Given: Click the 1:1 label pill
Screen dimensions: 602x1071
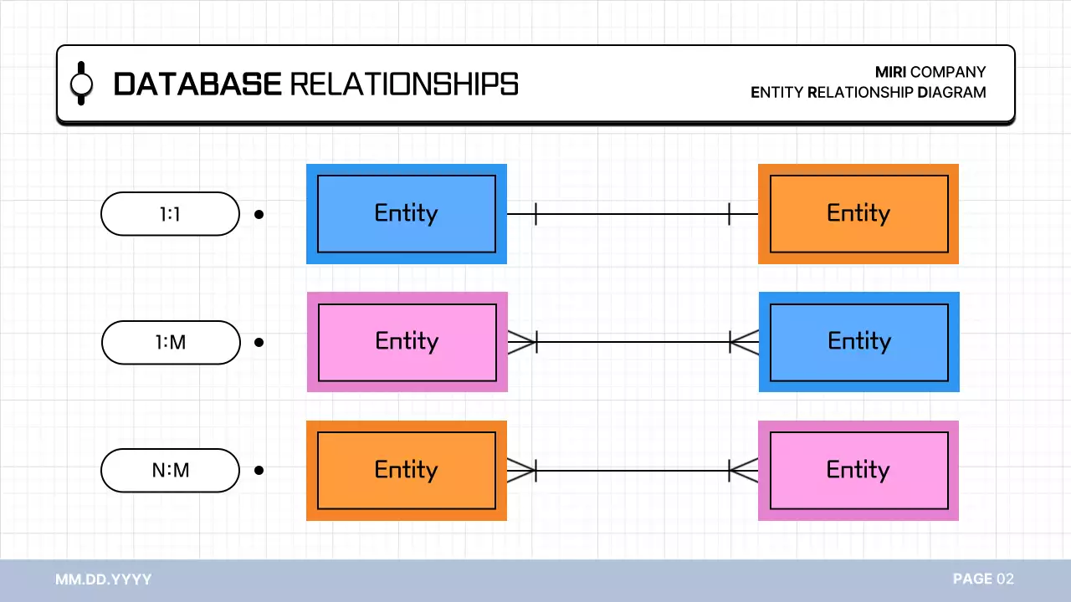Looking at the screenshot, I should click(x=170, y=214).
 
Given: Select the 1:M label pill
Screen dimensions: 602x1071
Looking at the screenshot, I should click(x=171, y=342).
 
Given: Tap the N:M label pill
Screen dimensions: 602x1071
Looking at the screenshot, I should click(x=170, y=471).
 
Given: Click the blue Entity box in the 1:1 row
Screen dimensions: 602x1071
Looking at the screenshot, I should click(x=407, y=214).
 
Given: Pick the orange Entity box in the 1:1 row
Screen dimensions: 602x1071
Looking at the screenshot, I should click(x=858, y=214).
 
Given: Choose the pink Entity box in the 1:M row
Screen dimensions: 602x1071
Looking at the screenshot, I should click(x=407, y=342).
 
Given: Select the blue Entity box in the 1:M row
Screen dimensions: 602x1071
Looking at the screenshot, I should click(x=859, y=342).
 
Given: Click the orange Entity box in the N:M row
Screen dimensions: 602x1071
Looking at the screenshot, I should click(x=407, y=471).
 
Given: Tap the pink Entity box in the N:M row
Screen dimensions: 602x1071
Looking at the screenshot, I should click(x=858, y=471).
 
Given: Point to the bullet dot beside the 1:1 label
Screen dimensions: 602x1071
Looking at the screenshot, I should click(x=259, y=214).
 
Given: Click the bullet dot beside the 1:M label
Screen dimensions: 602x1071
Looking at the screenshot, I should click(x=259, y=342).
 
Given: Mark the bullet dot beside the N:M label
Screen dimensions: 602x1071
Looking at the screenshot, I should click(x=259, y=471).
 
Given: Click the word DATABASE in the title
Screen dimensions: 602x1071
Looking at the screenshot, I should click(x=197, y=84).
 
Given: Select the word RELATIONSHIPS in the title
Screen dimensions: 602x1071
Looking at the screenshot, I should click(x=404, y=84).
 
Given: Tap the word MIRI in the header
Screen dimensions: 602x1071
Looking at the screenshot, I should click(x=890, y=72).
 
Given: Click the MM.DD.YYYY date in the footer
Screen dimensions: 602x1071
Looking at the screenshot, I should click(x=104, y=579).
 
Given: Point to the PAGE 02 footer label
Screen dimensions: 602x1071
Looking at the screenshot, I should click(x=983, y=579).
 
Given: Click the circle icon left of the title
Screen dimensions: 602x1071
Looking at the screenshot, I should click(x=81, y=84).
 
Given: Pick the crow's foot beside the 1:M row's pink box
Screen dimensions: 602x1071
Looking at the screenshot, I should click(x=521, y=342).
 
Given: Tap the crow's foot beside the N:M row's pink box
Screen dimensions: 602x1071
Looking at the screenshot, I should click(x=744, y=471).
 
